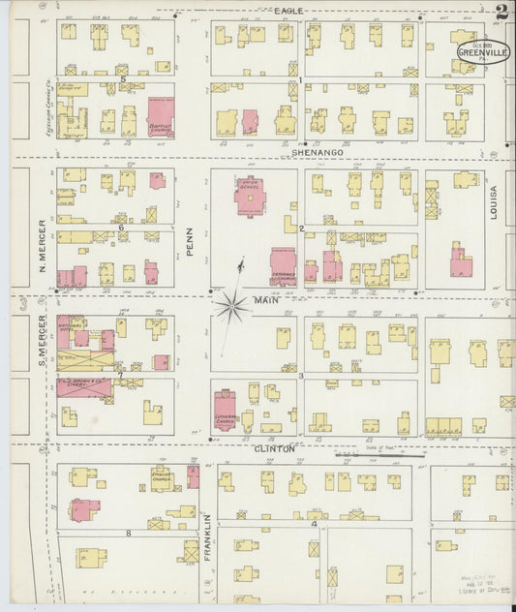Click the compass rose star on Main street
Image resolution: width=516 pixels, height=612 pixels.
click(232, 307)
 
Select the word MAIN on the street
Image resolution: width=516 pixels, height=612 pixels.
click(266, 300)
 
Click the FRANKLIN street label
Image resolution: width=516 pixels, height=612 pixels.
click(207, 537)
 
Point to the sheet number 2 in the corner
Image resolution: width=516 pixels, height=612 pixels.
click(501, 13)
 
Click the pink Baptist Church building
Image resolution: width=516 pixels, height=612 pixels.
click(160, 116)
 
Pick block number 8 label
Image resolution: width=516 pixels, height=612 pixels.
click(128, 534)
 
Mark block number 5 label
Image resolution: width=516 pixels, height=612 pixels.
click(123, 78)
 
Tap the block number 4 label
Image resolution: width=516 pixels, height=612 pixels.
click(315, 524)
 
